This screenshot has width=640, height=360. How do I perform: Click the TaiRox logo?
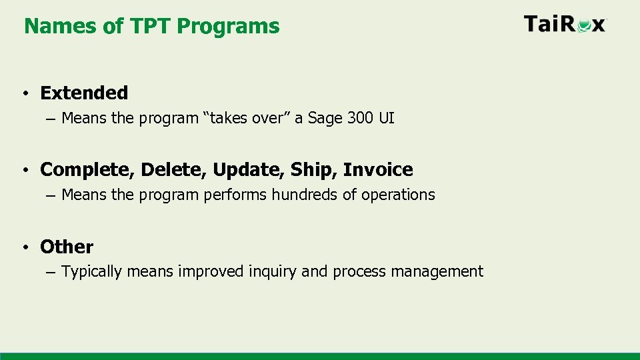coord(565,25)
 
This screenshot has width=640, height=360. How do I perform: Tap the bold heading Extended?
coord(84,93)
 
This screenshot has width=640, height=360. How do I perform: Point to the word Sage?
coord(323,119)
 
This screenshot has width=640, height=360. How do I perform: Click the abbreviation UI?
coord(387,119)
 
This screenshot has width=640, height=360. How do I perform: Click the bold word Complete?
coord(87,170)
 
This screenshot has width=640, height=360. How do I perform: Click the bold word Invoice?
coord(378,170)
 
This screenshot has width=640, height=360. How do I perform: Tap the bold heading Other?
coord(67,247)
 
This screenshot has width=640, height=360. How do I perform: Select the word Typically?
coord(91,272)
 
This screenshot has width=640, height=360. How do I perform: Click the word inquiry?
coord(273,272)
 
